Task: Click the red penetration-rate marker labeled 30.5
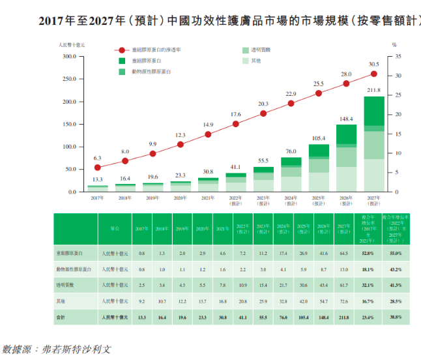373,75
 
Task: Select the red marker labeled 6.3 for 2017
97,168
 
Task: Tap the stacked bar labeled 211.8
373,144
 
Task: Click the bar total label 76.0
291,152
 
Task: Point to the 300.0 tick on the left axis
68,57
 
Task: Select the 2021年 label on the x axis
208,197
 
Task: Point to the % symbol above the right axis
394,44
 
